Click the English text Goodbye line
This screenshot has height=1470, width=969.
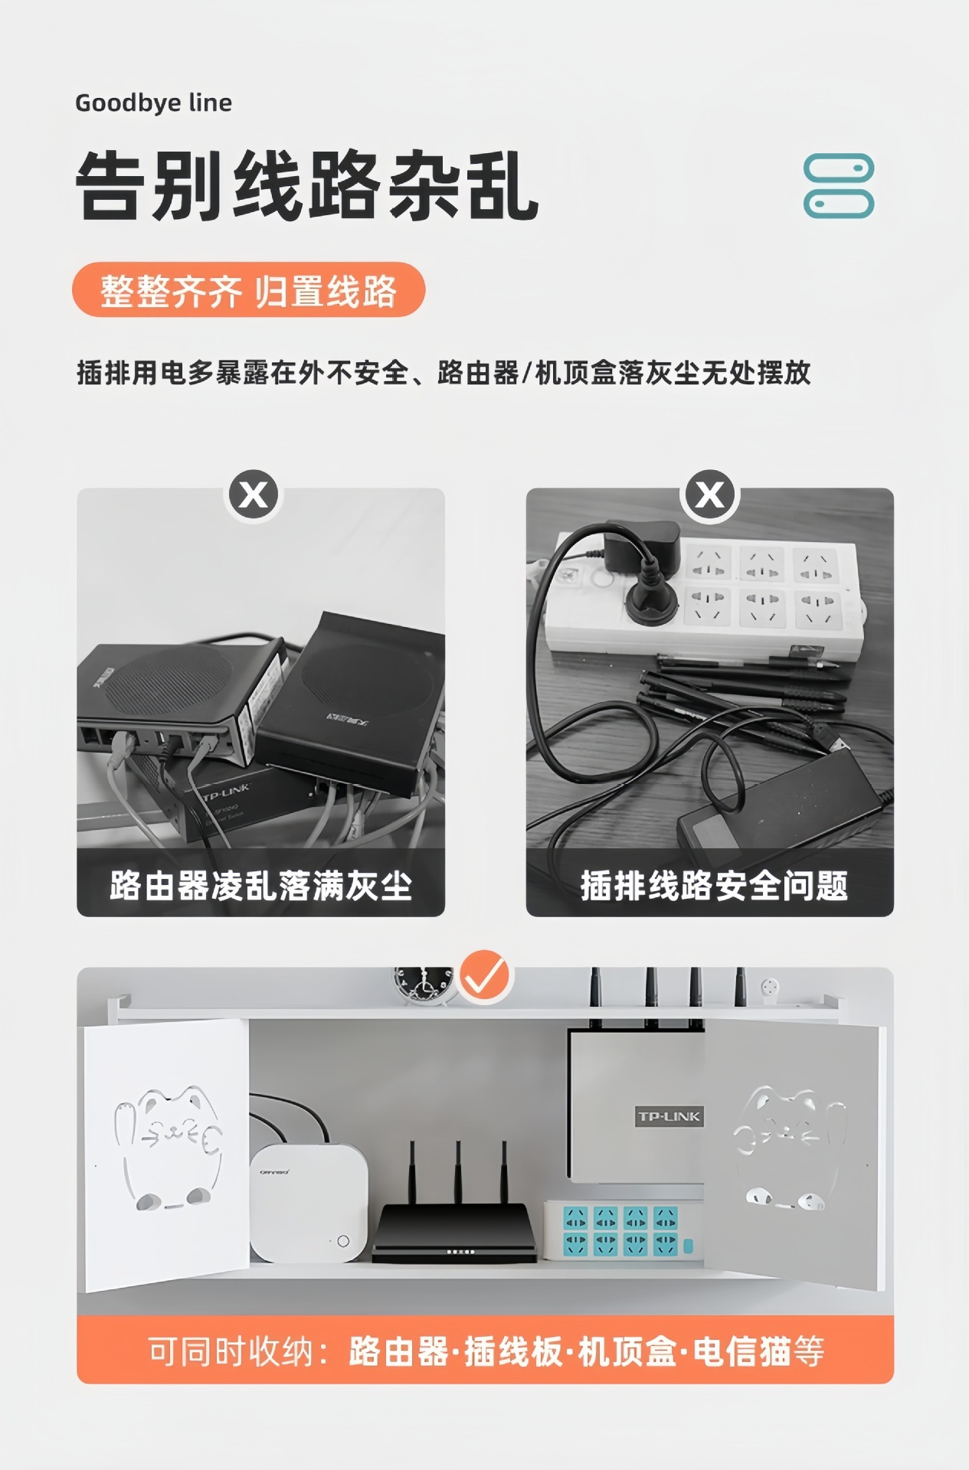click(153, 103)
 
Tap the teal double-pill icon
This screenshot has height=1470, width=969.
click(838, 186)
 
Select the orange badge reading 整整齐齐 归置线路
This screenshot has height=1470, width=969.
click(248, 289)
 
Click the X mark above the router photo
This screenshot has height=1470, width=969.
click(254, 495)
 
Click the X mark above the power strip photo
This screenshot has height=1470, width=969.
click(709, 495)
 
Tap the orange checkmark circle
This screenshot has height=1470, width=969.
click(484, 975)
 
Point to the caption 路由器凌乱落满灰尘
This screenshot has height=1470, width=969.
click(260, 886)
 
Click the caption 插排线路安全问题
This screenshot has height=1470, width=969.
click(714, 886)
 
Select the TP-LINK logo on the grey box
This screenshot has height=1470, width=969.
click(669, 1116)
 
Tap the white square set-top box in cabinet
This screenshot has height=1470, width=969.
click(309, 1203)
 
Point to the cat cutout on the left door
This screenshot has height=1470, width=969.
click(168, 1148)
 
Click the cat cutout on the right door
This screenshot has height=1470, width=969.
click(791, 1148)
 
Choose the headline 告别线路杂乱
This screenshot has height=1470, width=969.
click(307, 186)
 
